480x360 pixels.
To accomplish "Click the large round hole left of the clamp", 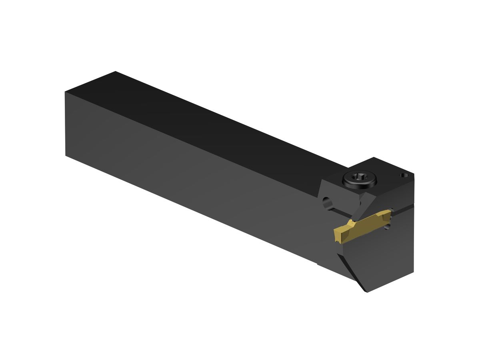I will click(328, 203).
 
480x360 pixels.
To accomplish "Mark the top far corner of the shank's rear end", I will click(115, 72).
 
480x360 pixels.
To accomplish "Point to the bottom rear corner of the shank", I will click(66, 155).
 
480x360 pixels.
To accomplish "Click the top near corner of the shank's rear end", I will click(65, 92).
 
